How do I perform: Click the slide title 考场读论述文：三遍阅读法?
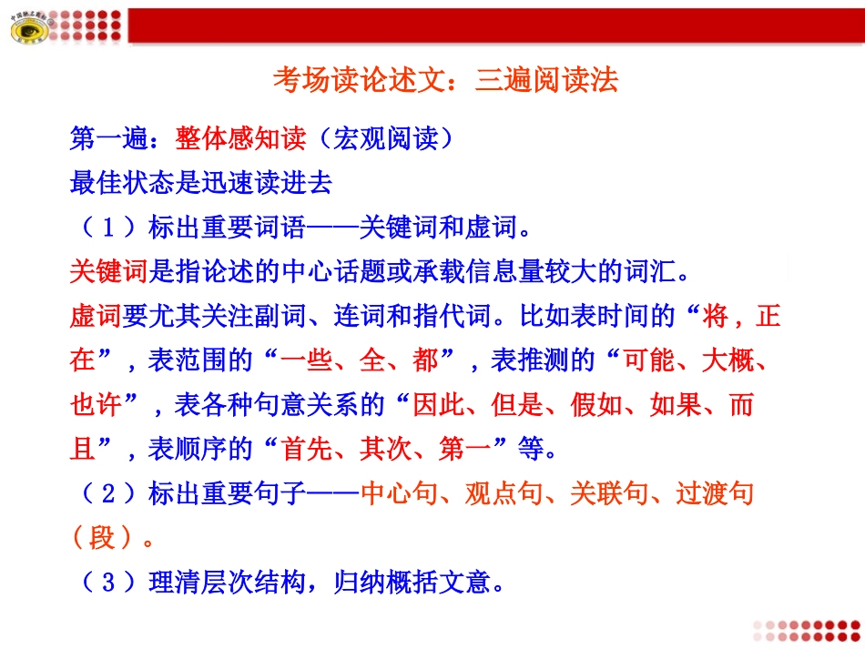[x=445, y=81]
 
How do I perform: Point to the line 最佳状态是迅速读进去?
[x=200, y=183]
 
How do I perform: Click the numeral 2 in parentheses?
[x=107, y=494]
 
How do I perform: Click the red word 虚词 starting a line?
[x=95, y=317]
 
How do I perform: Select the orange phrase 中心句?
[x=399, y=494]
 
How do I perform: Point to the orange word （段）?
[x=107, y=538]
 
